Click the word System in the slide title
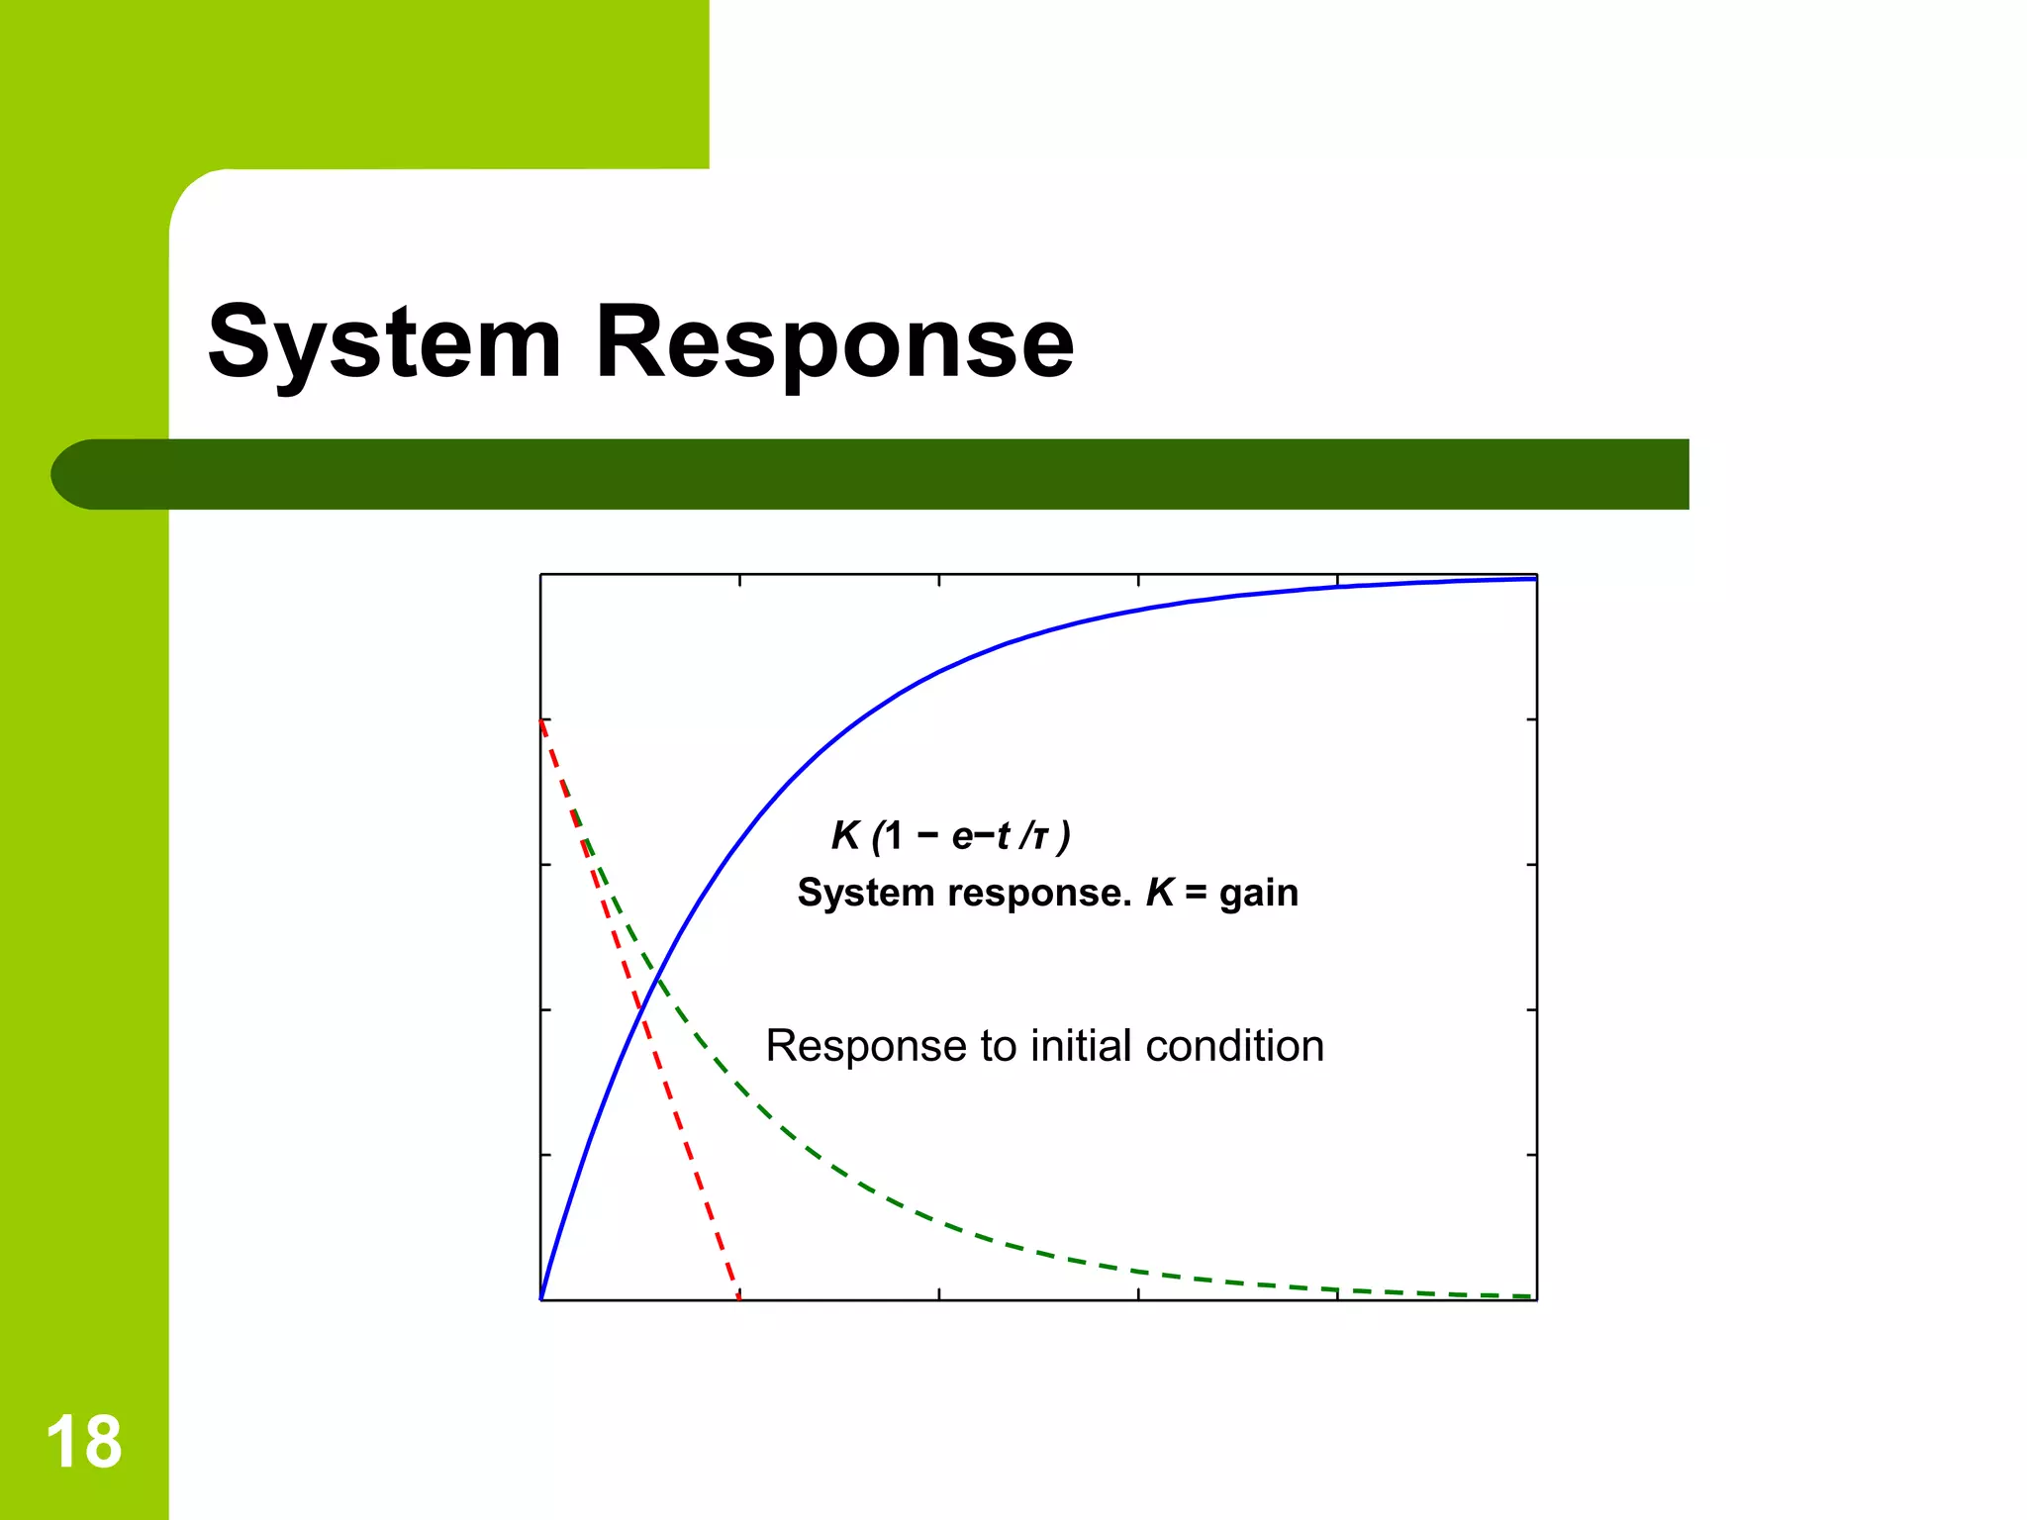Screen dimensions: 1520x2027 click(x=385, y=342)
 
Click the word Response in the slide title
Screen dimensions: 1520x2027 click(x=833, y=342)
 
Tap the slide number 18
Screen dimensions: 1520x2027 click(x=84, y=1442)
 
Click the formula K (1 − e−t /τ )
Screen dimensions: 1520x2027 click(x=950, y=836)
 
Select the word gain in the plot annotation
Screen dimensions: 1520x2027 click(x=1258, y=894)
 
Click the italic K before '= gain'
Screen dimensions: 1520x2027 click(x=1159, y=893)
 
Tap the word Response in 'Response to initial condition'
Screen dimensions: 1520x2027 click(x=865, y=1047)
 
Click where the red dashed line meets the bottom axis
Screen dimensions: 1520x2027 click(x=739, y=1298)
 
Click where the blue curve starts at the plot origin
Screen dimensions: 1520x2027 click(x=541, y=1298)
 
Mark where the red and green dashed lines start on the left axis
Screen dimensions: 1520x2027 click(x=541, y=720)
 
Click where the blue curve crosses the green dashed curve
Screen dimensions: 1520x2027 click(x=657, y=979)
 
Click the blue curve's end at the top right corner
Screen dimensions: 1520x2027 click(x=1534, y=579)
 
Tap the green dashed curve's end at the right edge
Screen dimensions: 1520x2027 click(x=1532, y=1295)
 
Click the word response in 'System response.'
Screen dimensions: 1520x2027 click(x=1039, y=893)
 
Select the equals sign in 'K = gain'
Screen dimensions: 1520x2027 click(x=1196, y=894)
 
